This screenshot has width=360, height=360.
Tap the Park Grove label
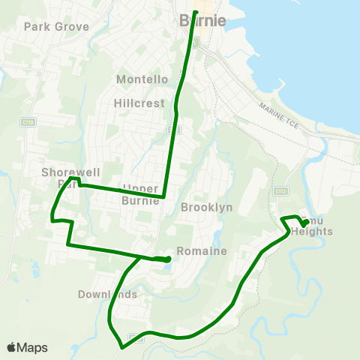(x=56, y=26)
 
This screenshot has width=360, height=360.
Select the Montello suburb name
(x=142, y=79)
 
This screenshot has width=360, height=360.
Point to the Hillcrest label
(x=139, y=103)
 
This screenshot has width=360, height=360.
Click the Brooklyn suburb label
(x=207, y=207)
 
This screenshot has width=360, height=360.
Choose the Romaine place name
(x=202, y=251)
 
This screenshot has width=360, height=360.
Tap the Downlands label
(x=107, y=294)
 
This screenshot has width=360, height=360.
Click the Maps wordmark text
(x=32, y=347)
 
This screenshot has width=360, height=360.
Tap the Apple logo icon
(x=11, y=347)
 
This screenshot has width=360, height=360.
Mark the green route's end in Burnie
(x=195, y=12)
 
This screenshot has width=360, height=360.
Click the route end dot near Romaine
(x=166, y=259)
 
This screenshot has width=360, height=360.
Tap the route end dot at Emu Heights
(x=304, y=223)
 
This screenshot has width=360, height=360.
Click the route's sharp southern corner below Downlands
(x=121, y=347)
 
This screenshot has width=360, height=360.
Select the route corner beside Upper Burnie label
(x=163, y=197)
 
